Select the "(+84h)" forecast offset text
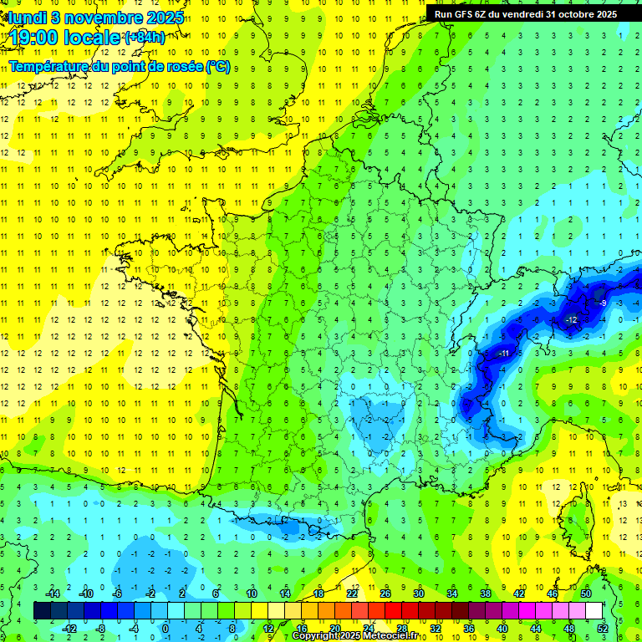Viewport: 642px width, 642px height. pos(145,37)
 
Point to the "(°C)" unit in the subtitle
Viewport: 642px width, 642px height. pos(217,66)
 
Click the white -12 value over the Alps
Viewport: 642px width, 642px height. pos(572,320)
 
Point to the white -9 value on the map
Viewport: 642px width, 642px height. pos(602,303)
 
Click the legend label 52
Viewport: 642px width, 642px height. pos(603,628)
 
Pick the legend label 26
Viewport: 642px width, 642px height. pos(385,594)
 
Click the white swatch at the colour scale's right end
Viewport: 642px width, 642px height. pos(594,611)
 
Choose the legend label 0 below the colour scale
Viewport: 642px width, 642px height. pos(165,628)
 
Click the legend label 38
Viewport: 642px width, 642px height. pos(484,594)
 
